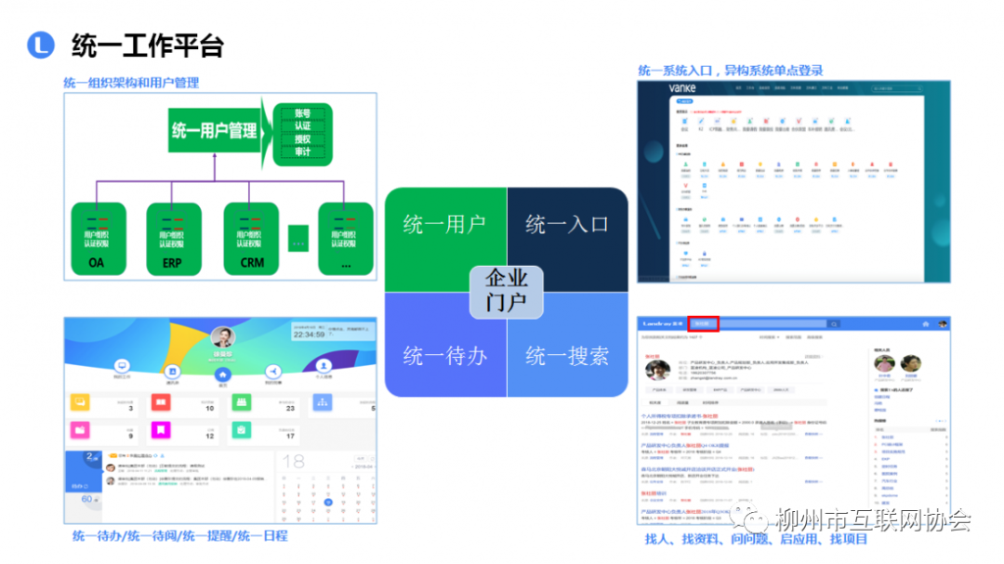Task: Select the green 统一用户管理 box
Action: pyautogui.click(x=214, y=130)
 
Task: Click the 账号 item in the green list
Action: pyautogui.click(x=302, y=112)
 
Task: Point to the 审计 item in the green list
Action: pyautogui.click(x=302, y=152)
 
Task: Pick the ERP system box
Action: pyautogui.click(x=173, y=238)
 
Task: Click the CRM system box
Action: pyautogui.click(x=251, y=238)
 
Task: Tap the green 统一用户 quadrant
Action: pyautogui.click(x=444, y=225)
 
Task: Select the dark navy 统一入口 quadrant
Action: pyautogui.click(x=567, y=225)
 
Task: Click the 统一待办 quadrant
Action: pyautogui.click(x=444, y=356)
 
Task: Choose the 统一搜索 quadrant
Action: pyautogui.click(x=567, y=356)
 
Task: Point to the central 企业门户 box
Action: pyautogui.click(x=506, y=290)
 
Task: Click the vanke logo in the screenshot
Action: pyautogui.click(x=681, y=88)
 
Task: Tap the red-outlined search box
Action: pyautogui.click(x=704, y=324)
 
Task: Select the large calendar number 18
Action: pyautogui.click(x=294, y=462)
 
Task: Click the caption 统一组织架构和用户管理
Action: pyautogui.click(x=131, y=83)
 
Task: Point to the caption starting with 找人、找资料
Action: pyautogui.click(x=757, y=539)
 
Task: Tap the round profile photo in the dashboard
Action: pyautogui.click(x=223, y=336)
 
